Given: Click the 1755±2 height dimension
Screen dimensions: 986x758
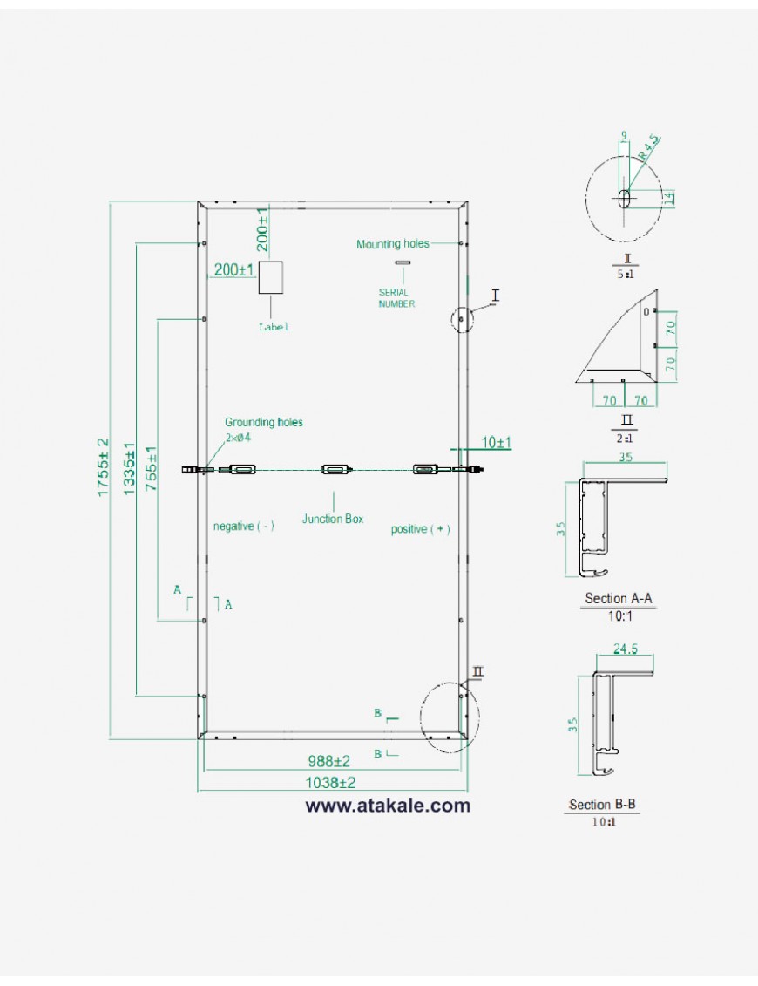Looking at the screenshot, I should (x=102, y=468).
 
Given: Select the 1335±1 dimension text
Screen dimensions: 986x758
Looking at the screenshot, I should (x=130, y=469).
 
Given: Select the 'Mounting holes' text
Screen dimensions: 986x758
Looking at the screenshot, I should (x=392, y=244).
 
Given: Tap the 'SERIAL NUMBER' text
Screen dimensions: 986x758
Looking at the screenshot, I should (x=396, y=298).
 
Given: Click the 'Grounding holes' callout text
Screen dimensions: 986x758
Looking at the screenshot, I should (x=264, y=422).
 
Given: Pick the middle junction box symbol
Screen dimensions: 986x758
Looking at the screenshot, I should (x=335, y=470).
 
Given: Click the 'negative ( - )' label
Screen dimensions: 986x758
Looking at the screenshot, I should (x=244, y=526).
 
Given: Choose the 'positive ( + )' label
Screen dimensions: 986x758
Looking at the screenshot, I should (x=420, y=529).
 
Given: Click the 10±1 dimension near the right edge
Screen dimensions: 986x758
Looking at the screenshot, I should (x=496, y=443).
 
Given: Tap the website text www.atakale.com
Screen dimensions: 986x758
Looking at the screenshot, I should (x=387, y=806).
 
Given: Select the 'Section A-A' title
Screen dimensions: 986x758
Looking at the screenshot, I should (x=618, y=598).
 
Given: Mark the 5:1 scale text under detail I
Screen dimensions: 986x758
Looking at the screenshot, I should (x=624, y=275).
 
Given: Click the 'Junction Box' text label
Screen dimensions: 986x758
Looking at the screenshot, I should (x=333, y=519).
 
